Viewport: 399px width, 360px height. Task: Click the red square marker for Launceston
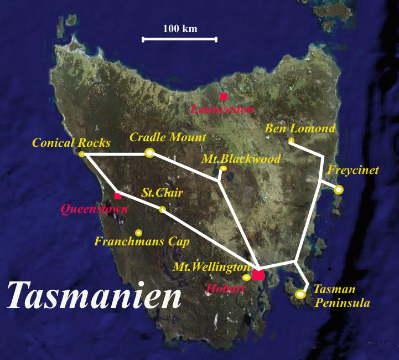(x=223, y=96)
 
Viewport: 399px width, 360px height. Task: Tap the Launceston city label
(x=222, y=109)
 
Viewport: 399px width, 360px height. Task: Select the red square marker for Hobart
(x=258, y=275)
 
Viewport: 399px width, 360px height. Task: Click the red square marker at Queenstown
(x=117, y=196)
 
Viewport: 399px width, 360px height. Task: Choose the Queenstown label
(x=94, y=209)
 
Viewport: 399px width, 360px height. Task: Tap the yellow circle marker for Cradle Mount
(x=149, y=153)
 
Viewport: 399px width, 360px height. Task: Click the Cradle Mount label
(x=168, y=137)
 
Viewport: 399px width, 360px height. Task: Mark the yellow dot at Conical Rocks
(x=82, y=154)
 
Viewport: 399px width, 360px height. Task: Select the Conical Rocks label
(x=71, y=142)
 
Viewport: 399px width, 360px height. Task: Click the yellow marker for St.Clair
(x=162, y=209)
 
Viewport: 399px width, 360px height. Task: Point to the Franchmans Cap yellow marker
(x=138, y=233)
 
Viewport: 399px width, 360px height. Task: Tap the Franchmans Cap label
(x=142, y=242)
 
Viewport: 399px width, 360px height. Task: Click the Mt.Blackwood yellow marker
(x=223, y=168)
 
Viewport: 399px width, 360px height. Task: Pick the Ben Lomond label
(x=300, y=128)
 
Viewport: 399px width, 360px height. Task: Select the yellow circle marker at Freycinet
(x=339, y=190)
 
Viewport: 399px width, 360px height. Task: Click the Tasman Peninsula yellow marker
(x=300, y=295)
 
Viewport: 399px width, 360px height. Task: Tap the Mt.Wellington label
(x=212, y=267)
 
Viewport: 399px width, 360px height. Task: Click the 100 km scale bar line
(x=180, y=39)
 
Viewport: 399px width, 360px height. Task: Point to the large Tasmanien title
(x=95, y=295)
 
